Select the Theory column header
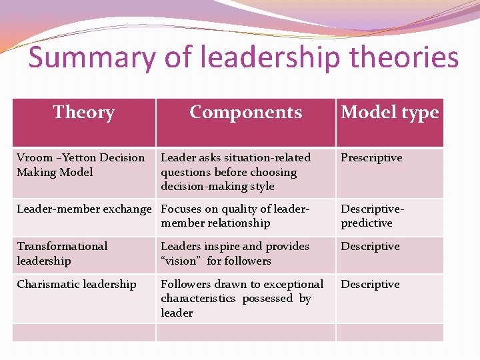click(x=83, y=112)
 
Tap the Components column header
click(x=245, y=112)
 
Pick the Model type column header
click(x=390, y=112)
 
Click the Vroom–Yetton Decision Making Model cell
click(x=81, y=165)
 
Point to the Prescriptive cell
click(x=371, y=158)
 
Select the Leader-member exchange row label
click(x=84, y=209)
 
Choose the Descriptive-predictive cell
click(x=372, y=216)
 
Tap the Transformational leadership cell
click(x=62, y=253)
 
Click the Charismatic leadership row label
click(x=77, y=285)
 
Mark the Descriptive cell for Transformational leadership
click(x=370, y=247)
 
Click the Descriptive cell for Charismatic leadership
click(x=370, y=285)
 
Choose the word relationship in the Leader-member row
click(x=237, y=223)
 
